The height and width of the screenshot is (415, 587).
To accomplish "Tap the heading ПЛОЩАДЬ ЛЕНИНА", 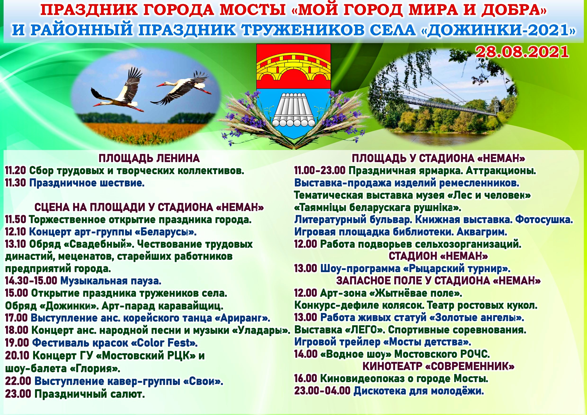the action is [149, 159].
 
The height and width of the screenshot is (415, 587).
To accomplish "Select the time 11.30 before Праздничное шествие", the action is [15, 183].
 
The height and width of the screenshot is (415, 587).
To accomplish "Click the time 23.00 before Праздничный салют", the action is [18, 394].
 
